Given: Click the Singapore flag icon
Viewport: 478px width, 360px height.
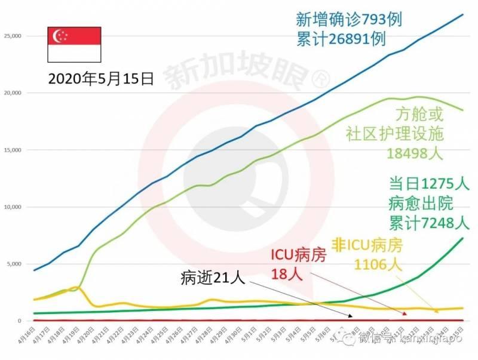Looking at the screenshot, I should (74, 44).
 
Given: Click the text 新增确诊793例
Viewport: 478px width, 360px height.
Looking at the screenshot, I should (349, 19).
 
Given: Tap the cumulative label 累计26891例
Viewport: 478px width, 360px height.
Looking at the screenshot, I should (341, 39).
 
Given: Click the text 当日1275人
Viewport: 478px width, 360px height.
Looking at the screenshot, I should (429, 183).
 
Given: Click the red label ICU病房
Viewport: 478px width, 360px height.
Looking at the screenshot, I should (299, 256).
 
